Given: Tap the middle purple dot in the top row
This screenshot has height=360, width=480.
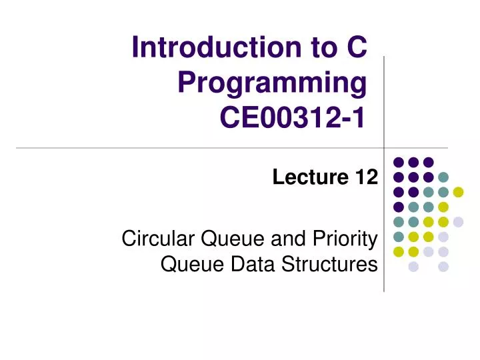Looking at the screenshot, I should (x=413, y=162).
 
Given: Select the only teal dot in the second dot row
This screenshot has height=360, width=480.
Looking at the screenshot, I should (x=443, y=177).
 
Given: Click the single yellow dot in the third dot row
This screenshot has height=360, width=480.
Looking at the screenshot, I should (x=458, y=192).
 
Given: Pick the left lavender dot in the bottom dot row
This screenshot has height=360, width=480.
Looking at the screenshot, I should (x=413, y=267).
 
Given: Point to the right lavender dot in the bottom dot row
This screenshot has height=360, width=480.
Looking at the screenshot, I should (x=443, y=267).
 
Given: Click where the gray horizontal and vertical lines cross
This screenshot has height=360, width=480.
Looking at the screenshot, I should (x=385, y=147).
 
